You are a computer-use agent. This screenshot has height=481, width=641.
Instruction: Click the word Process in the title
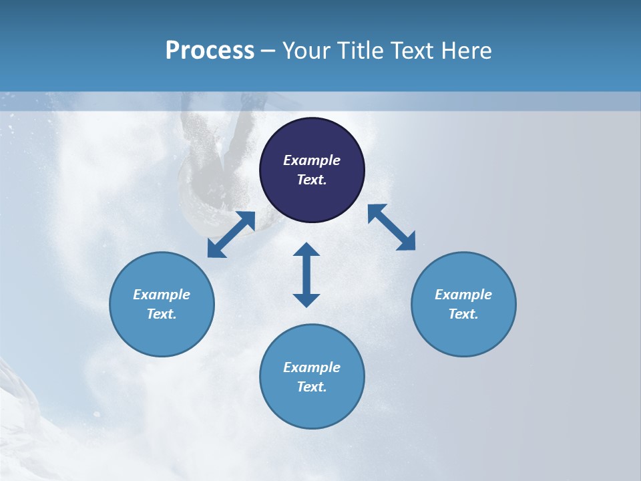(210, 51)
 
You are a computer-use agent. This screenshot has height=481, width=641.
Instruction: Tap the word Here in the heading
(465, 51)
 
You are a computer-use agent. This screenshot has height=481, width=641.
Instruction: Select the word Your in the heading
(305, 51)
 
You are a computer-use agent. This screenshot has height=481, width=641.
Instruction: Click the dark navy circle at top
(312, 170)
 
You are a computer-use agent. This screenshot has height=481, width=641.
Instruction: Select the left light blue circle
(162, 304)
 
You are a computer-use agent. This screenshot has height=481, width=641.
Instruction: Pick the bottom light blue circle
(312, 377)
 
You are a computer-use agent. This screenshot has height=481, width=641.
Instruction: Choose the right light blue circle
(463, 304)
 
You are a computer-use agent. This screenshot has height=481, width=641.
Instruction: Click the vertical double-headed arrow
(306, 275)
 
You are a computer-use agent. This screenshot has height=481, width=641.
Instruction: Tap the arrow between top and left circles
(231, 234)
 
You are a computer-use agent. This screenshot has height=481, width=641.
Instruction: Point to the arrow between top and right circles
(391, 227)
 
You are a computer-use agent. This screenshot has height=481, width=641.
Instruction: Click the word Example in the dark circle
(312, 160)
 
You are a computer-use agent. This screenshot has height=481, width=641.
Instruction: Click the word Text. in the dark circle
(312, 180)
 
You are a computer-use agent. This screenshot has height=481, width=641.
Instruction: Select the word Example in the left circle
(162, 295)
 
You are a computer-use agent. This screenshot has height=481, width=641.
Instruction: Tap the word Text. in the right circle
(463, 314)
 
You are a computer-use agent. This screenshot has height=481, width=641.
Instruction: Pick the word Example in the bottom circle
(312, 367)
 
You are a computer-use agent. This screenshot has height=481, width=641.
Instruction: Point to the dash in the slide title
(268, 51)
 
